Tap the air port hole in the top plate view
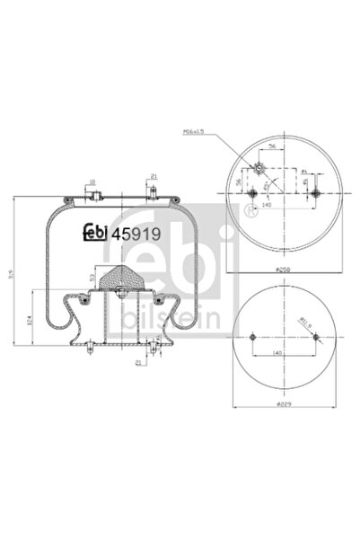pyautogui.click(x=258, y=167)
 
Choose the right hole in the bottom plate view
pyautogui.click(x=314, y=338)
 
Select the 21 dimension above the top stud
pyautogui.click(x=154, y=176)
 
